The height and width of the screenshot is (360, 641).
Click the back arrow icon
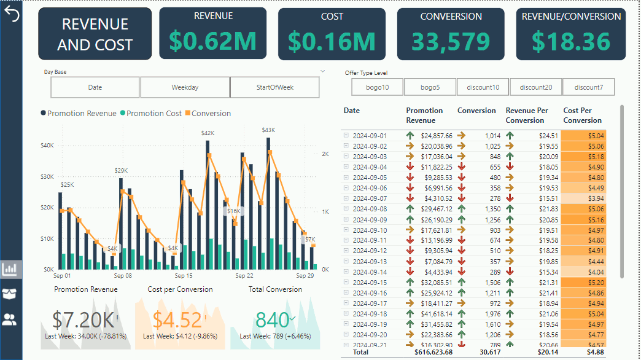click(12, 14)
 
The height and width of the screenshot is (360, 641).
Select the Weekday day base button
click(185, 87)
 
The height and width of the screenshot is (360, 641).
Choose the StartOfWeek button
click(274, 87)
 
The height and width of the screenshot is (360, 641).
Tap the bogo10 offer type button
click(377, 87)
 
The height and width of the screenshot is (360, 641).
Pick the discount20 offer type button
click(535, 87)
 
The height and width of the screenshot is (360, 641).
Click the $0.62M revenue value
click(212, 41)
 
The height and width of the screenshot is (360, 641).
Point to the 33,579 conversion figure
click(450, 42)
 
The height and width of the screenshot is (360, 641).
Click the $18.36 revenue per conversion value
click(571, 42)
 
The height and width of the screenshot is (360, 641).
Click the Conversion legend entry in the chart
click(211, 114)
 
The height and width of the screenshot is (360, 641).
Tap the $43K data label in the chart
click(268, 130)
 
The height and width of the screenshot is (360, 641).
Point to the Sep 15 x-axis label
click(184, 276)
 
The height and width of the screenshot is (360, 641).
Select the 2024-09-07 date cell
click(369, 198)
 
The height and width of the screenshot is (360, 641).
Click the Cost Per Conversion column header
click(582, 115)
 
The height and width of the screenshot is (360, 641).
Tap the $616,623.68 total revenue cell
click(429, 352)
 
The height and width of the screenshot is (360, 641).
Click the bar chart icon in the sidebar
click(10, 268)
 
